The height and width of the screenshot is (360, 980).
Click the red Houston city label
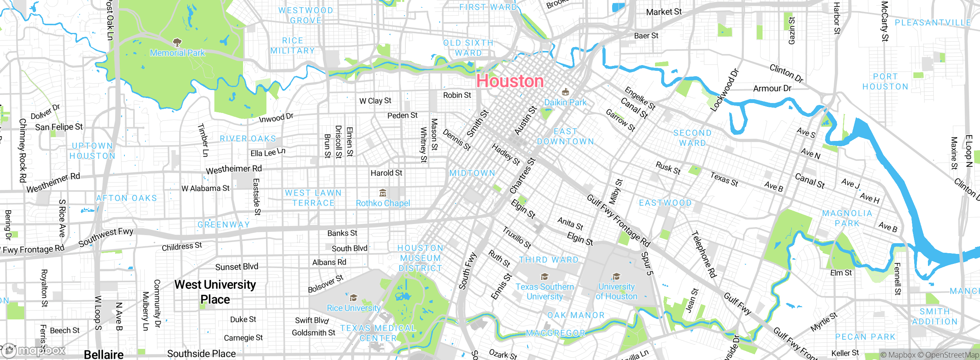tap(510, 81)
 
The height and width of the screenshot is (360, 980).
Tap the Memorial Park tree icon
tap(177, 42)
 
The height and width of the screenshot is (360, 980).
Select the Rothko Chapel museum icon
tap(382, 193)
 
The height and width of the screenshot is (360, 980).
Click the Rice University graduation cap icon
tap(353, 298)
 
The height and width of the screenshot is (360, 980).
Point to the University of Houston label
tap(616, 291)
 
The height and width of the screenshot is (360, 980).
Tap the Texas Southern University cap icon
tap(544, 277)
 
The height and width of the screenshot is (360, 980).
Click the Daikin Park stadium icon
tap(565, 92)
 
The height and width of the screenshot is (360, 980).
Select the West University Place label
tap(215, 292)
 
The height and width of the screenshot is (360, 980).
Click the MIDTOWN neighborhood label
tap(472, 173)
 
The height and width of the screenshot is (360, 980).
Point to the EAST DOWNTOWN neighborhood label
tap(565, 137)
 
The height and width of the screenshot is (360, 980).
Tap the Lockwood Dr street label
tap(724, 90)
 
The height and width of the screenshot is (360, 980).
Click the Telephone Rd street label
tap(704, 254)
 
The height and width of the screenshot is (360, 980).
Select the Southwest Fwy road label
tap(106, 237)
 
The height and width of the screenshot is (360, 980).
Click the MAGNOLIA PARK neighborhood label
tap(847, 218)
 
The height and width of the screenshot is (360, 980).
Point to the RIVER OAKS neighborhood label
tap(248, 139)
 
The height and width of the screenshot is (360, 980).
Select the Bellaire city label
tap(104, 354)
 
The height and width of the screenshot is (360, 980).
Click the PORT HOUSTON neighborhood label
tap(885, 82)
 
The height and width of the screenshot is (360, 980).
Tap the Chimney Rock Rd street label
tap(23, 150)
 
